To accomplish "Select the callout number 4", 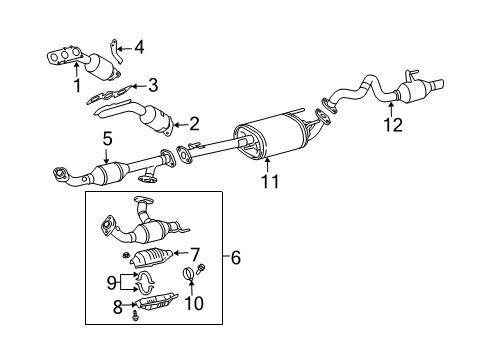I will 139,46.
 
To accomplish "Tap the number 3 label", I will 152,86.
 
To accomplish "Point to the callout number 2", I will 194,125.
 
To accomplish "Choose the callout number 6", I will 236,258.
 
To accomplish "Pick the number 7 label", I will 196,253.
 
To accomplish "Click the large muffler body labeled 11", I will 268,140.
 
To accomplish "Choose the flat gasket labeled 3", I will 110,98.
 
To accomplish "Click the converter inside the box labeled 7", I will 152,257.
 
